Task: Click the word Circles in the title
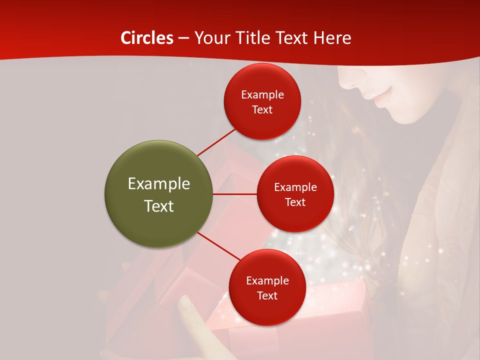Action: [x=146, y=38]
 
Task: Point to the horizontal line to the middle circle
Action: [x=234, y=194]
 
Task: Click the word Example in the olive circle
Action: [x=159, y=184]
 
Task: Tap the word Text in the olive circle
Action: [x=159, y=206]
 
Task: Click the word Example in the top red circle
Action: [x=262, y=95]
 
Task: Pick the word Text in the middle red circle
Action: [x=295, y=202]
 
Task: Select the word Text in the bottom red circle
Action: [x=267, y=296]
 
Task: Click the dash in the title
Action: [x=183, y=38]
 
